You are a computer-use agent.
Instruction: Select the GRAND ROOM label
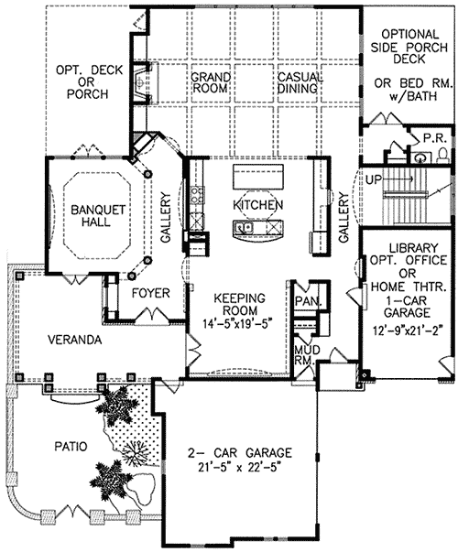coord(210,84)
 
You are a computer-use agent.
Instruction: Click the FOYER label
coord(149,294)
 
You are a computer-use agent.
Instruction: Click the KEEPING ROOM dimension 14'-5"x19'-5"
coord(239,322)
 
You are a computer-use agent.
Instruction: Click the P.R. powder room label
coord(433,138)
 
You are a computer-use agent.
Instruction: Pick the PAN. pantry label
coord(305,299)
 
